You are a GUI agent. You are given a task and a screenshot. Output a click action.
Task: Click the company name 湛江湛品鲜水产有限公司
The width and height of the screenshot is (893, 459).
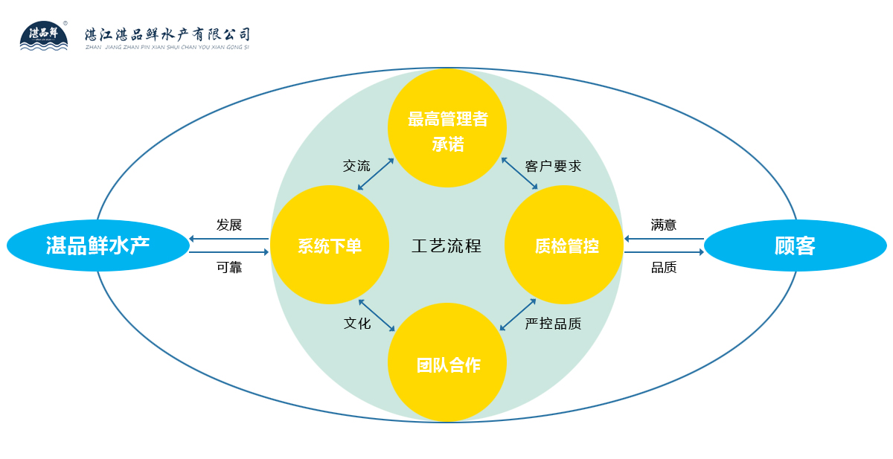tap(168, 34)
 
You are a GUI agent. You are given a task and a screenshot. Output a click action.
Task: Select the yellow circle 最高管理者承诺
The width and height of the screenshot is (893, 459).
tap(447, 128)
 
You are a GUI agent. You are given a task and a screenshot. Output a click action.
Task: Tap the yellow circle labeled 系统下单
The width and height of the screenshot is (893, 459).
tap(330, 245)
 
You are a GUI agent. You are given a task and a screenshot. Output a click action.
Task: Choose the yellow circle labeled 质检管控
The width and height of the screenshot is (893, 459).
tap(564, 245)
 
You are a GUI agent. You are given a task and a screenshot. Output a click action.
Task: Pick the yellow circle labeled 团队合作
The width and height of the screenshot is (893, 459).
tap(447, 363)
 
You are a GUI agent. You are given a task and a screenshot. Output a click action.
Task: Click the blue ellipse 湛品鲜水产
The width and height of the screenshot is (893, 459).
tap(98, 245)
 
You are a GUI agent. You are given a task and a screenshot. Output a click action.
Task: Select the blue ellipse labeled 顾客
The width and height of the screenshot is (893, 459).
tap(795, 245)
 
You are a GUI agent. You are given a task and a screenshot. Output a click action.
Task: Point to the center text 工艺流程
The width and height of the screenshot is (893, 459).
tap(446, 245)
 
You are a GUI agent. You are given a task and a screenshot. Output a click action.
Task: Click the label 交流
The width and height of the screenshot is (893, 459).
tap(356, 166)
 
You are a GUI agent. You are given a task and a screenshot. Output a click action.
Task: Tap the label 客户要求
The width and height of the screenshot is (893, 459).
tap(553, 166)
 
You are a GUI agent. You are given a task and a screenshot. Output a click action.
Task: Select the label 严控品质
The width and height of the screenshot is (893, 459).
tap(553, 324)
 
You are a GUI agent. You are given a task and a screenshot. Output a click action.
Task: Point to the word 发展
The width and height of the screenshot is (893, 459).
tap(229, 225)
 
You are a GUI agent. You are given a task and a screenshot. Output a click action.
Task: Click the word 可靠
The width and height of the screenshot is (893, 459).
tap(229, 268)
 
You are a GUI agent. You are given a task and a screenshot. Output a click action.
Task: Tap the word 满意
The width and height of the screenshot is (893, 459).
tap(664, 225)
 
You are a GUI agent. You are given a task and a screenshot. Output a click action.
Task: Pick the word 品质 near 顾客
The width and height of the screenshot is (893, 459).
tap(664, 268)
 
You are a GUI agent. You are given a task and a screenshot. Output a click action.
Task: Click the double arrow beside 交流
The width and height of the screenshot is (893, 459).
tap(376, 174)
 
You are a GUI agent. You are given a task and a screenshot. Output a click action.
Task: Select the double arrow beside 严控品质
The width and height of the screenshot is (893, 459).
tap(518, 315)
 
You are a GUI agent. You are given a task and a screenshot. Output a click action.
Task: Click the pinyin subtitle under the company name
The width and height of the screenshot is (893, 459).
tap(168, 47)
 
